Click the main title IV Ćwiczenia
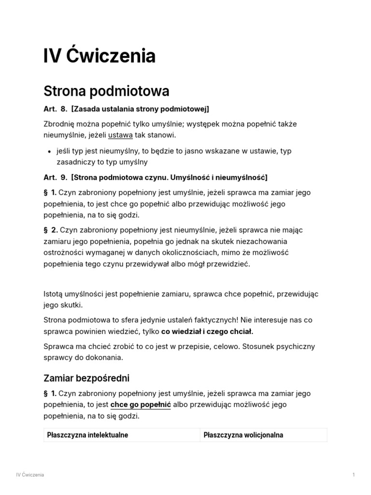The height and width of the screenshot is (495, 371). pos(100,57)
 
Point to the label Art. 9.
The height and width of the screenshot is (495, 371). pos(55,177)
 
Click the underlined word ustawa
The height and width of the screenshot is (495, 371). pos(120,135)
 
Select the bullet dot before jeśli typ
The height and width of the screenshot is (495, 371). pos(50,151)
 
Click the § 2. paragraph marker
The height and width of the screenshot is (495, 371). pos(50,230)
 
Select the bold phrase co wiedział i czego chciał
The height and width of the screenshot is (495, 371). pos(207,332)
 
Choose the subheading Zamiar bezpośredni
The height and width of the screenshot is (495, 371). pos(86,378)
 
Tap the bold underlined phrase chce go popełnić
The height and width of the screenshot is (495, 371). pos(141,405)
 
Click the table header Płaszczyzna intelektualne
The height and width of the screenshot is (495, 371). pos(87,435)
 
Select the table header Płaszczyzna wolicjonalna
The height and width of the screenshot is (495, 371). pos(243,435)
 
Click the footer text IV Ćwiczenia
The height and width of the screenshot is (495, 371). pos(30,475)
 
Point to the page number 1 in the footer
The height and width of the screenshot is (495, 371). pos(354,475)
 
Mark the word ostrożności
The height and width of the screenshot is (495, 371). pos(65,253)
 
